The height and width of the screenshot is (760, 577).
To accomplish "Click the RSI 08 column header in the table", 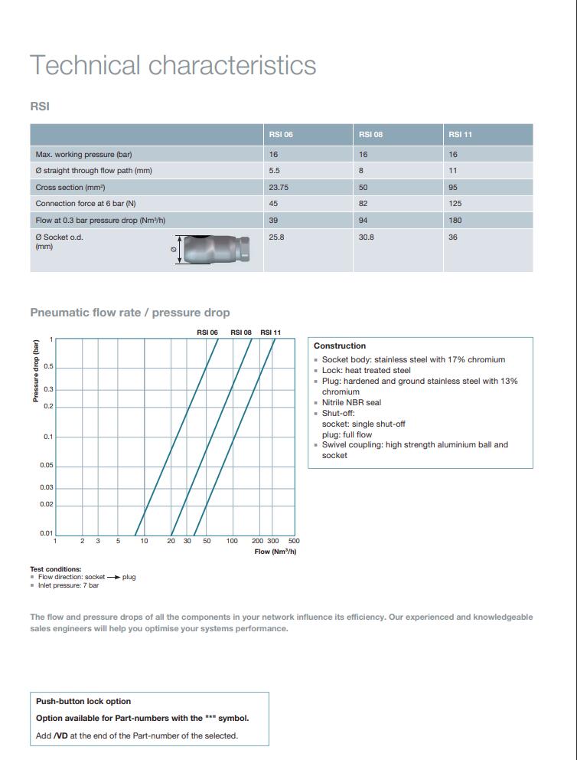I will point(370,134).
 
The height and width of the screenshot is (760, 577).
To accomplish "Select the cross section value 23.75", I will point(279,187).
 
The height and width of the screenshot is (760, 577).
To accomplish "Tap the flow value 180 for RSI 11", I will point(455,221).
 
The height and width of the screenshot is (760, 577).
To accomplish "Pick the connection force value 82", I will point(363,204).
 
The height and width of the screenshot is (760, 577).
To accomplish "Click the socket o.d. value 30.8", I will point(366,237).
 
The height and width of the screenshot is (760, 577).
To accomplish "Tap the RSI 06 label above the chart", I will point(207,332).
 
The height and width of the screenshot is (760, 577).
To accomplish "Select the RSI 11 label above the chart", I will point(271,332).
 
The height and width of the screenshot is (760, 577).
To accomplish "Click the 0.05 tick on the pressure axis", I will point(47,465).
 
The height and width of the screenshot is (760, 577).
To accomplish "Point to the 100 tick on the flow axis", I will point(232,541).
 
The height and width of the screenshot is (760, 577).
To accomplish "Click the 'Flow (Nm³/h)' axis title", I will point(275,552).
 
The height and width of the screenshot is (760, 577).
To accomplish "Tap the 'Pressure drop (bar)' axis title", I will point(35,371).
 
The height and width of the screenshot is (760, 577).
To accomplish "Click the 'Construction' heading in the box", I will point(340,346).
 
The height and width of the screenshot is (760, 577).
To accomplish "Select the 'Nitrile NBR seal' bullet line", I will point(351,402).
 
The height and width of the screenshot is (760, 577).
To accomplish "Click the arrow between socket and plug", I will point(113,577).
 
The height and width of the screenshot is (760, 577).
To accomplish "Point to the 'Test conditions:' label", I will point(55,569).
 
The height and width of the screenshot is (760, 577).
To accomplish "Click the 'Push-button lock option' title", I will point(83,701).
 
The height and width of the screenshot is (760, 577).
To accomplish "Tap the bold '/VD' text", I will point(60,735).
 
